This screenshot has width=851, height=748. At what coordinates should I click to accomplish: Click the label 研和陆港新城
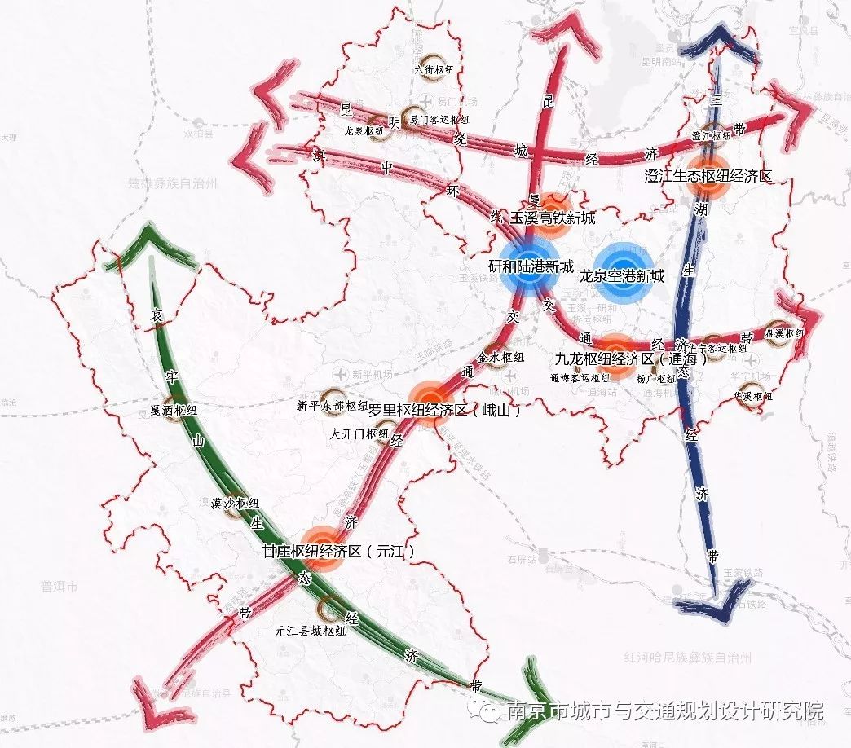coord(531,267)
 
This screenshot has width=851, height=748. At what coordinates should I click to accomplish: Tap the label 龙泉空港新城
coord(622,276)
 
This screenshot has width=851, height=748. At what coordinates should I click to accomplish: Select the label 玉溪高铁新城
coord(553,218)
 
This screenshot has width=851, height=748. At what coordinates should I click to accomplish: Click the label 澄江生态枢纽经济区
coord(708,175)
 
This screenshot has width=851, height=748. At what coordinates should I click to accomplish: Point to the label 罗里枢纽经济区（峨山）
coord(444,411)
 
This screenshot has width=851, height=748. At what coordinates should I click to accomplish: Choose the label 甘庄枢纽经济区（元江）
coord(338,552)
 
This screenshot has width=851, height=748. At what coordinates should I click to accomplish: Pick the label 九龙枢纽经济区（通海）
coord(631,359)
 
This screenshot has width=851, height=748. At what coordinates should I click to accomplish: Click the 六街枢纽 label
coord(434,69)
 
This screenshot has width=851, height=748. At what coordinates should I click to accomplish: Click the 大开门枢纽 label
coord(359,434)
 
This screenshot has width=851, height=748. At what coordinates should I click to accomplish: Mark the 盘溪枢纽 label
coord(783,333)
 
